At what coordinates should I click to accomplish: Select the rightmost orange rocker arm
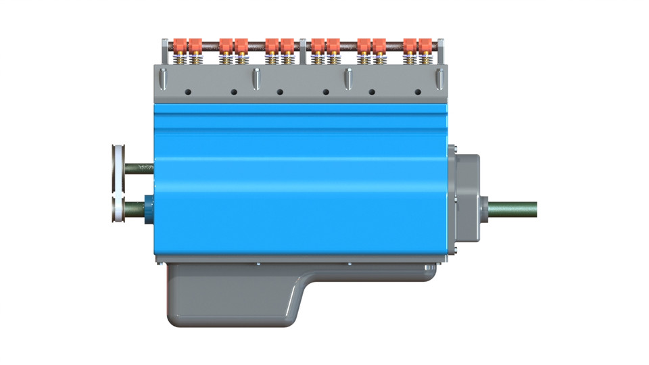[x=425, y=47]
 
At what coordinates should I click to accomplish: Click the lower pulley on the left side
[x=119, y=206]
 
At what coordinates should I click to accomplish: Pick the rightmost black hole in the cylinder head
[x=418, y=91]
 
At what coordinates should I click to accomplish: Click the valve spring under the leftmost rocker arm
[x=180, y=60]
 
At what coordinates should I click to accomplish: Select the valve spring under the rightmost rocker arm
[x=425, y=60]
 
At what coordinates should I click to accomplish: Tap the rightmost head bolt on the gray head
[x=441, y=79]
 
